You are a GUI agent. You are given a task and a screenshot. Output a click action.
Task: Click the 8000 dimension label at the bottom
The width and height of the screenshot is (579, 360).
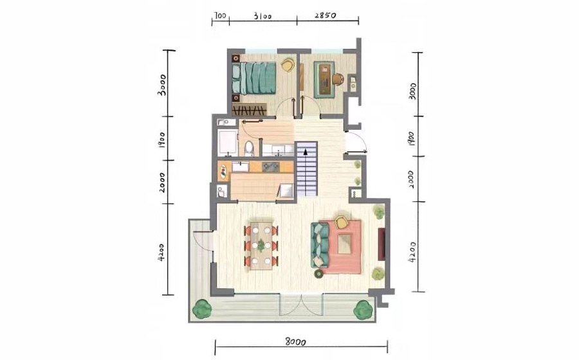295,342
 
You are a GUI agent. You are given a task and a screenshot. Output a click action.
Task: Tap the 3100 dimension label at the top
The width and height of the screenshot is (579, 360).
262,17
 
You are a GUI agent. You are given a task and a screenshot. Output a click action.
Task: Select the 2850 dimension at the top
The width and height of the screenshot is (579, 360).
326,16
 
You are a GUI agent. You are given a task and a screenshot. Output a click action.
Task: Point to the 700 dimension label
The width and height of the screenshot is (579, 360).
220,16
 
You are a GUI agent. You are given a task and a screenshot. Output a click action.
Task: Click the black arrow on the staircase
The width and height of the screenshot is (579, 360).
306,151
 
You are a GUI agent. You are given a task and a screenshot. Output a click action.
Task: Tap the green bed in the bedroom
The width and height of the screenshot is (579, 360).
254,78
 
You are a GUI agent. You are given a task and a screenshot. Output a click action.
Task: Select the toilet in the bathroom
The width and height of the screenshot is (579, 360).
249,148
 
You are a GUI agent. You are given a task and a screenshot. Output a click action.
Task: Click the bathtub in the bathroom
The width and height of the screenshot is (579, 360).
226,142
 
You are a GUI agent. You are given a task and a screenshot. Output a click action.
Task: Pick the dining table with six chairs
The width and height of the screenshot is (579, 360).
261,246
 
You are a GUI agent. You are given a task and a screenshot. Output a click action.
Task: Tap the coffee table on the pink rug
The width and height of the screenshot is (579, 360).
344,244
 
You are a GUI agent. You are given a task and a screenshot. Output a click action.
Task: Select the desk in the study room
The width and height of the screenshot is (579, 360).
325,80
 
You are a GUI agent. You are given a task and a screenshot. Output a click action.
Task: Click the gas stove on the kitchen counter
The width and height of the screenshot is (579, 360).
270,166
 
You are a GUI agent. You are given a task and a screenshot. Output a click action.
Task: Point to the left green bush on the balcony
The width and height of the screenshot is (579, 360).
201,309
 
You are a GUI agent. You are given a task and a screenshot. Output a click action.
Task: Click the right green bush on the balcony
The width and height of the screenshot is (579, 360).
363,309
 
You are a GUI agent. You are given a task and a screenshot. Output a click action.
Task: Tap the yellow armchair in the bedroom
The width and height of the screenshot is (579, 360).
288,65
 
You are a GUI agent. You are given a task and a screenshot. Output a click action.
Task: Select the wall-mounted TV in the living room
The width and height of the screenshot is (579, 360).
381,244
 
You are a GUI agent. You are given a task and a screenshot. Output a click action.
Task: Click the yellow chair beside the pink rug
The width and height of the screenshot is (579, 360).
342,222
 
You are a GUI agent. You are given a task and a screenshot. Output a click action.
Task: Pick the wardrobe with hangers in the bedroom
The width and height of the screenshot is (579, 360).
249,109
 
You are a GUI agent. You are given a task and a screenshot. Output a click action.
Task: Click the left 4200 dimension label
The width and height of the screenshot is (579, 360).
161,252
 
